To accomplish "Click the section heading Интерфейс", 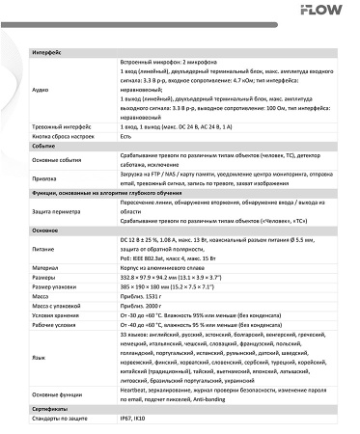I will pos(46,49).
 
